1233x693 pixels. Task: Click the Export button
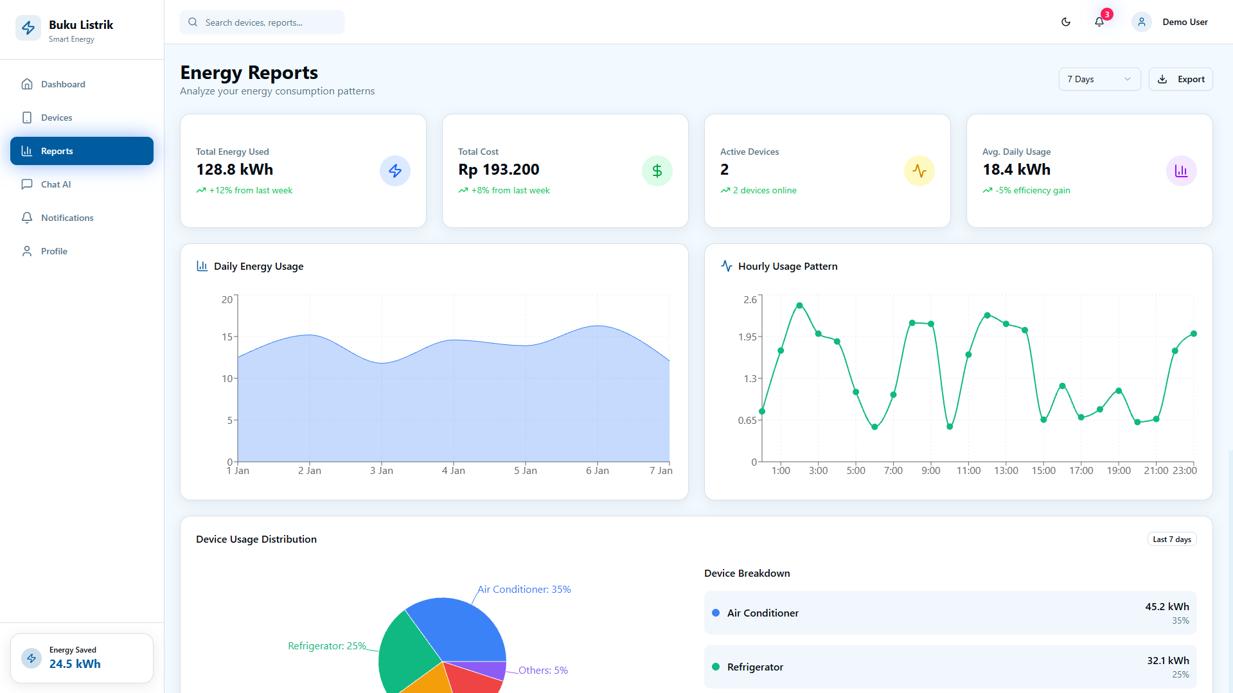tap(1180, 79)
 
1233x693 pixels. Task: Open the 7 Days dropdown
tap(1099, 79)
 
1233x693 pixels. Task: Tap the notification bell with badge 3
tap(1100, 21)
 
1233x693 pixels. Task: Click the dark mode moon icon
tap(1066, 22)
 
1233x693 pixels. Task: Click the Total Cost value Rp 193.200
tap(499, 170)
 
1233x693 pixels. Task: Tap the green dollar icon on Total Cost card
tap(657, 171)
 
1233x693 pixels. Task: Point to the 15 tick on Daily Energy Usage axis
tap(227, 337)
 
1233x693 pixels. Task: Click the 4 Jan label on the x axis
tap(454, 471)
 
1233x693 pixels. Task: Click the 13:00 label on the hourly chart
tap(1006, 471)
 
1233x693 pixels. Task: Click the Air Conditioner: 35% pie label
tap(524, 590)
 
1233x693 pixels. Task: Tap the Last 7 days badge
tap(1172, 539)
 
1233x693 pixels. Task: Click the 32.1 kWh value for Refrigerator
tap(1168, 660)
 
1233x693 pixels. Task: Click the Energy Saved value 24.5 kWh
tap(75, 664)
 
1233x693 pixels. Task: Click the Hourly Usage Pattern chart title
tap(788, 267)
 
